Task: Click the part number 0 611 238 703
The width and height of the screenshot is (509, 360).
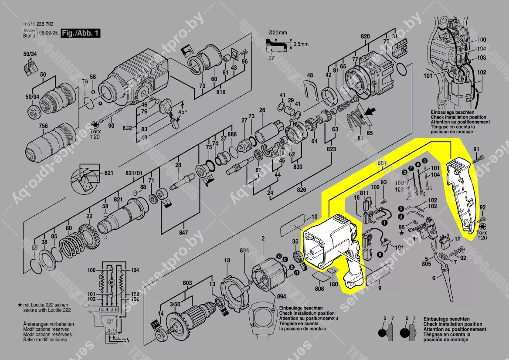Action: point(38,25)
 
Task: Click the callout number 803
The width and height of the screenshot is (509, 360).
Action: point(187,284)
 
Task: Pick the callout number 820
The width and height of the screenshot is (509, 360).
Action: point(365,37)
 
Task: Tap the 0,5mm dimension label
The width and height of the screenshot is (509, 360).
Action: point(301,44)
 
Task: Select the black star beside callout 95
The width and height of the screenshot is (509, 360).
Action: point(401,233)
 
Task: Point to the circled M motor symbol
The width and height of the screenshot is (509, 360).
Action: point(112,283)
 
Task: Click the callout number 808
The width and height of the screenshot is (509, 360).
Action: point(319,289)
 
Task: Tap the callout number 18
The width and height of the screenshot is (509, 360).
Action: point(227,261)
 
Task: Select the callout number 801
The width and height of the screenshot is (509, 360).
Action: point(382,163)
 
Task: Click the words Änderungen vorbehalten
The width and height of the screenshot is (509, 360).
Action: point(48,325)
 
